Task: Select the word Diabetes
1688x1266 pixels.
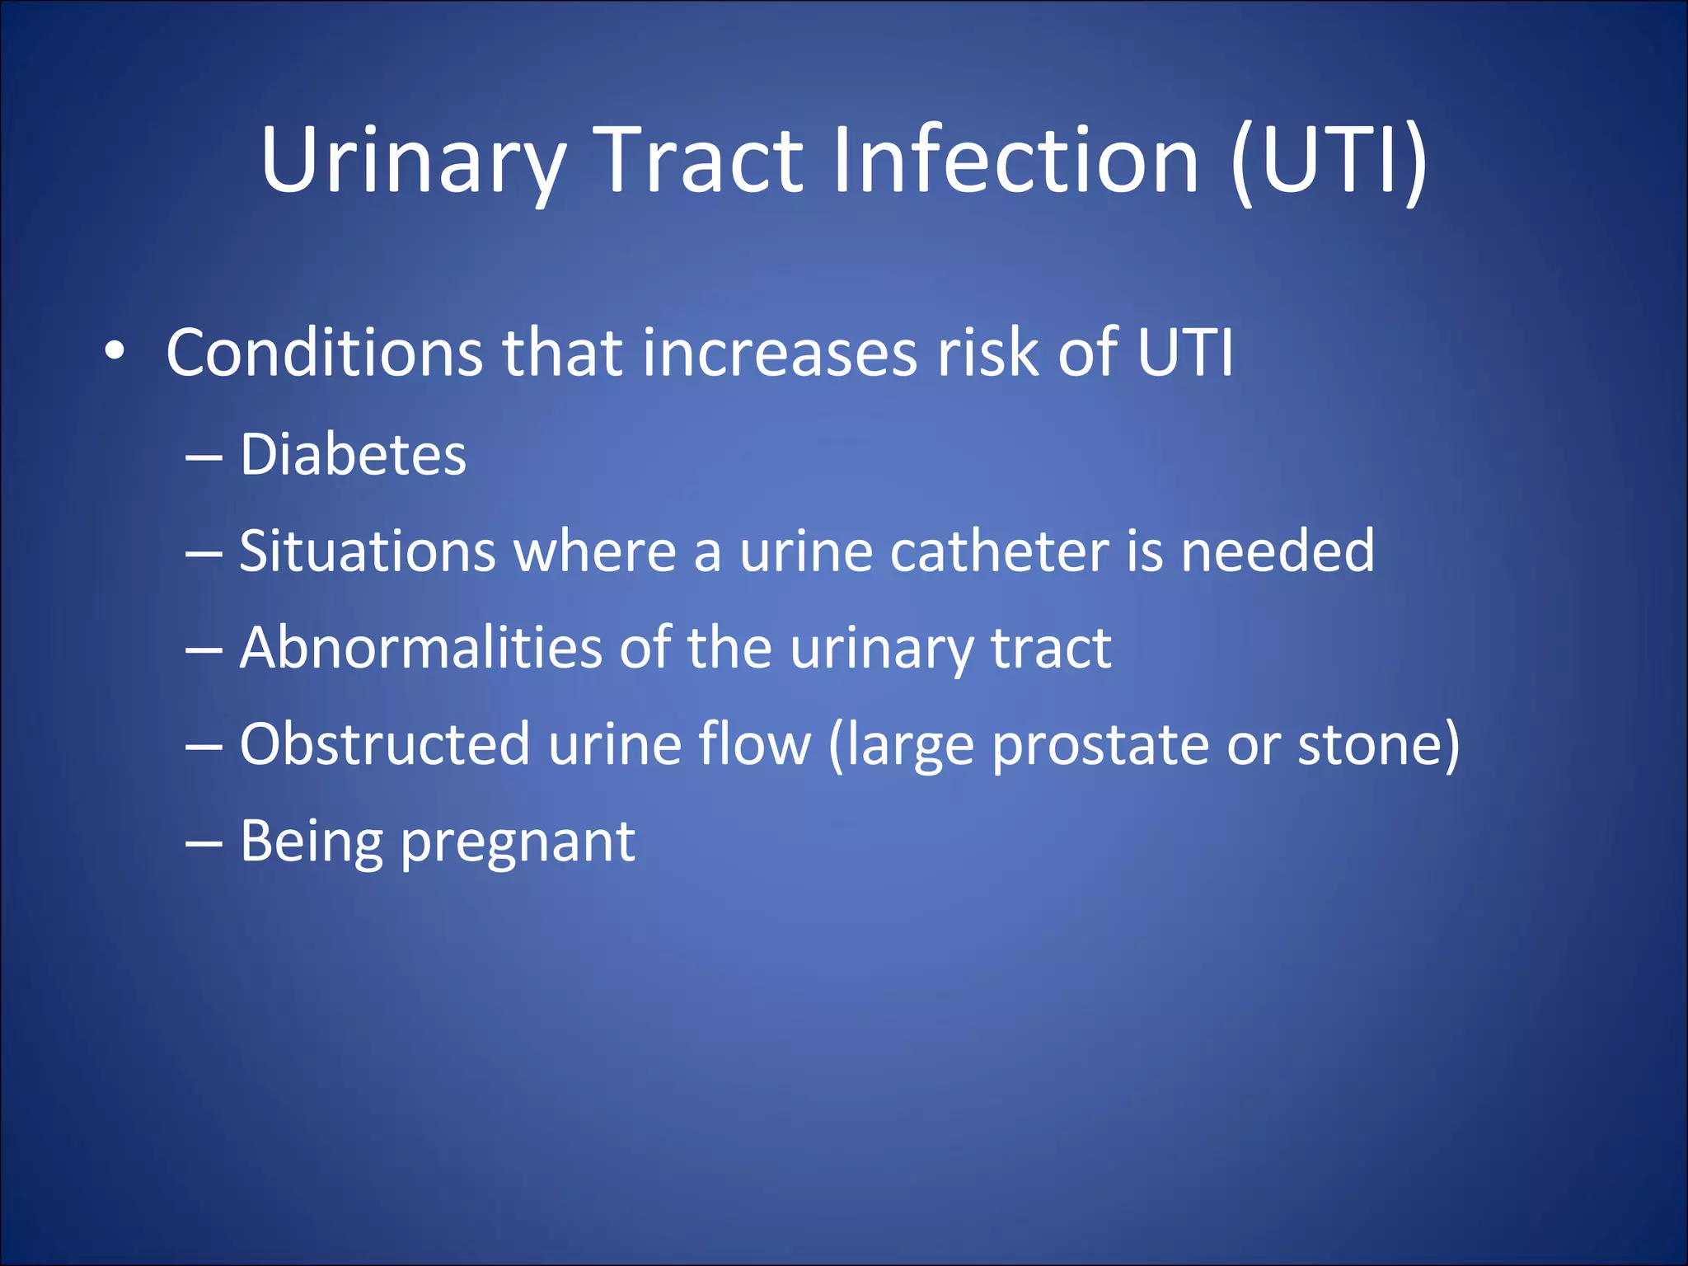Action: [353, 455]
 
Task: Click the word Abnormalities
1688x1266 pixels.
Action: [420, 648]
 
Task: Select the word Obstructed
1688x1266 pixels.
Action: [384, 744]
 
